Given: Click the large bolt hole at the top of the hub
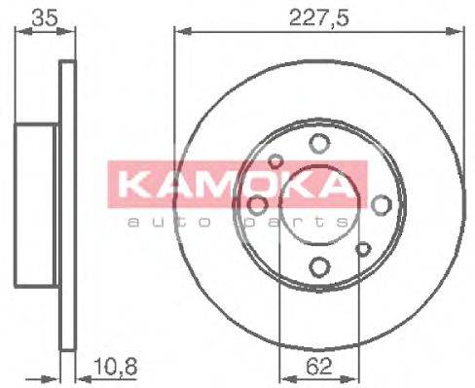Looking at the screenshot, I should coord(318,144).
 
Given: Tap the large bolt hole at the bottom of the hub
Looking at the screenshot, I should coord(318,265).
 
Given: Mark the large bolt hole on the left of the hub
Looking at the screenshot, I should coord(258,204).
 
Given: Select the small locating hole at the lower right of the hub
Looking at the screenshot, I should coord(362,248).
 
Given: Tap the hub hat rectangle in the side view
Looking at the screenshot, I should coord(39,204).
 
